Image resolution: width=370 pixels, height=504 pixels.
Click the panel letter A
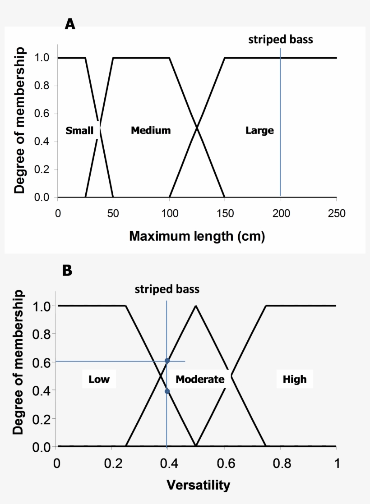click(70, 24)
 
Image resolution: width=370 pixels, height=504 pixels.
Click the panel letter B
click(67, 270)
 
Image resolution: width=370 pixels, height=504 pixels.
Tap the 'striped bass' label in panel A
click(280, 40)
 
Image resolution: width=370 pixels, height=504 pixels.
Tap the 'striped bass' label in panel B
click(167, 289)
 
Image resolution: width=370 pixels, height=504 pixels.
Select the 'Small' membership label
click(79, 131)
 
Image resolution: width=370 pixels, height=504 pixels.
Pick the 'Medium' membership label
click(151, 131)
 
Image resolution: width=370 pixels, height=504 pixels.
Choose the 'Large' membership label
click(259, 131)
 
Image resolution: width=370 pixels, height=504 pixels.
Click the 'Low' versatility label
click(99, 379)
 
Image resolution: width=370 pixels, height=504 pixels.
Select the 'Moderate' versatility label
click(200, 379)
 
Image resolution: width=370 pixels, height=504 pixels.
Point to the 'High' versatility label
click(294, 379)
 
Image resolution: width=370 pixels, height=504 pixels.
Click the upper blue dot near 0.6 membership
click(167, 361)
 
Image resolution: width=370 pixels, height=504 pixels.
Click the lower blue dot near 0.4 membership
click(167, 391)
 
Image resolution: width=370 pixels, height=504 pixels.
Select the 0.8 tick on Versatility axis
click(280, 463)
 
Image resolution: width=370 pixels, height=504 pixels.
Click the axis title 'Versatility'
click(198, 485)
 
